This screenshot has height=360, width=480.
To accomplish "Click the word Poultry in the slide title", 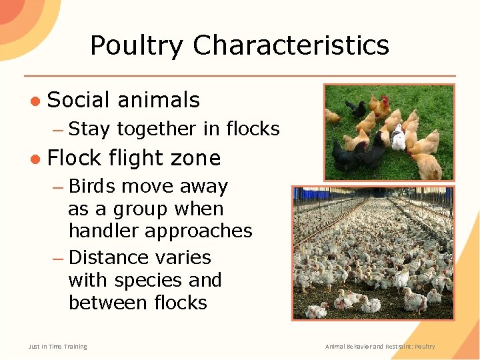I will coord(138,46).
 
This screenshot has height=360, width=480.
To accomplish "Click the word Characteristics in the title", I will coord(291,46).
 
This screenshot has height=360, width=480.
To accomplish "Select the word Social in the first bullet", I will coord(78,100).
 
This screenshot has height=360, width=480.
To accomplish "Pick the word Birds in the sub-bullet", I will coord(91,186).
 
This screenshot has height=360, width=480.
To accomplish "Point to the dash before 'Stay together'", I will coord(58,129).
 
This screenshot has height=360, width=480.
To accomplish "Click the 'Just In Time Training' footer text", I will coord(57,347).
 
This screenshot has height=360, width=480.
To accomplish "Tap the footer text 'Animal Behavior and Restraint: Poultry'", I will coord(380,347).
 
